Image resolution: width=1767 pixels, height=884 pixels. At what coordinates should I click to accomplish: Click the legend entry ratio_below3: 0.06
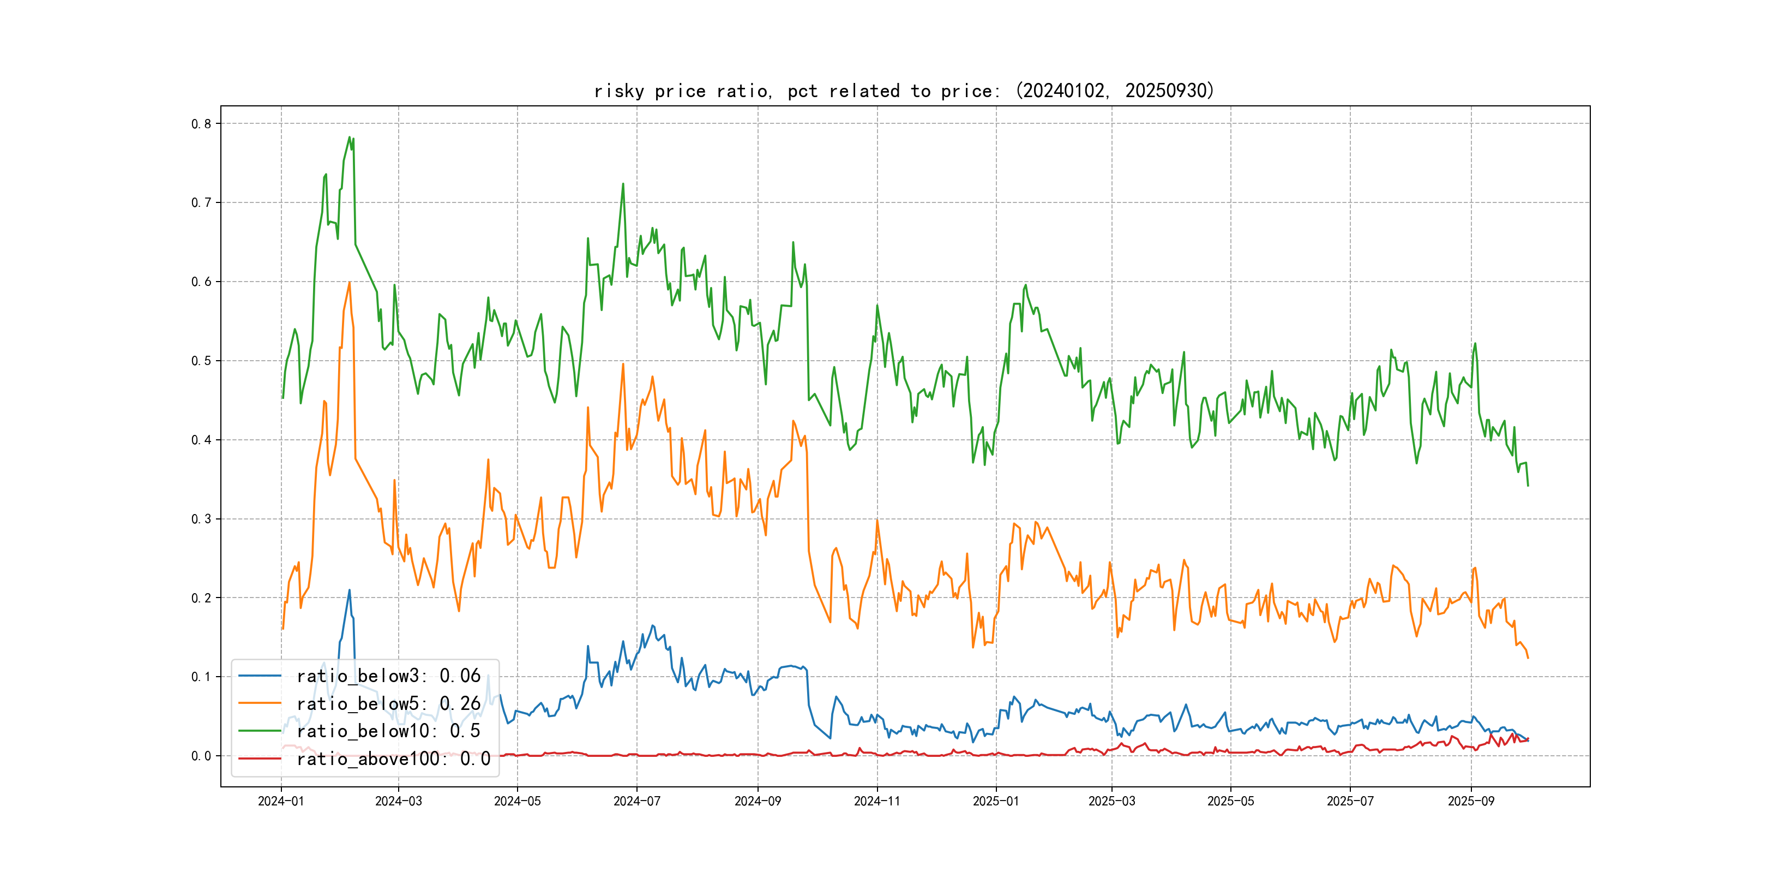tap(388, 676)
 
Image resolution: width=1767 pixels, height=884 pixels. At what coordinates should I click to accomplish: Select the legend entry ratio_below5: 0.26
tap(388, 703)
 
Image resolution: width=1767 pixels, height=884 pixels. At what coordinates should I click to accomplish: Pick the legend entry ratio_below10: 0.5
tap(388, 731)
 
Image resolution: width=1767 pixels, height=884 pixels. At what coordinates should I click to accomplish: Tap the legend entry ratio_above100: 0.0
tap(393, 758)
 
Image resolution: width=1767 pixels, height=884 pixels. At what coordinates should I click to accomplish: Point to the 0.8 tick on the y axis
tap(201, 124)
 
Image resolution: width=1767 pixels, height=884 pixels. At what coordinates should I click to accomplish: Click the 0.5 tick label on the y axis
tap(201, 361)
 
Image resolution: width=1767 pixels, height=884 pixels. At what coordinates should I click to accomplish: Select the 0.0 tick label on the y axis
tap(201, 756)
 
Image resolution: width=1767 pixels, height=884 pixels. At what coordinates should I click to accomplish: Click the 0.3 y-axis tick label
tap(201, 519)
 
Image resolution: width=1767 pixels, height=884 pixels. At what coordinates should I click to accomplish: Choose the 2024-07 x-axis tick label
tap(636, 801)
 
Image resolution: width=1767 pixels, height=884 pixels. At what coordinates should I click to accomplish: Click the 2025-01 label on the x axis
tap(996, 801)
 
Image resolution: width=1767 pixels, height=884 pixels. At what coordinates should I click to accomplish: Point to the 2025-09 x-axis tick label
tap(1471, 801)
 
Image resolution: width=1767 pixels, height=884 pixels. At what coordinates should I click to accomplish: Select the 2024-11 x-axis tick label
tap(876, 801)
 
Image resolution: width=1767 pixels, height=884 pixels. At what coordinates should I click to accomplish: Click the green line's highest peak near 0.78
tap(349, 138)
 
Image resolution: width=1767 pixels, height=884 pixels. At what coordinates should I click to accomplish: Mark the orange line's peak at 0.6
tap(350, 282)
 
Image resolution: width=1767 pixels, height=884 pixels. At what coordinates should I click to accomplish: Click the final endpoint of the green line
tap(1528, 486)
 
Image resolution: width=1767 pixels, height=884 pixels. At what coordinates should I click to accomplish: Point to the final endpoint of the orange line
tap(1528, 658)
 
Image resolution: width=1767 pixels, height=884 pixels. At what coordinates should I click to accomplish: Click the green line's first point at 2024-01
tap(283, 398)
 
